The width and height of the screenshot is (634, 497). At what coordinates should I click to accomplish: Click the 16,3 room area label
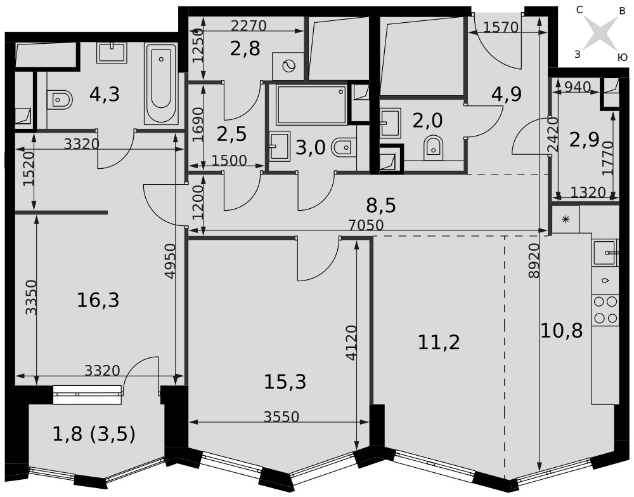point(98,300)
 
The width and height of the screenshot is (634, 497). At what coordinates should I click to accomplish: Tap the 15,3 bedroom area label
point(285,381)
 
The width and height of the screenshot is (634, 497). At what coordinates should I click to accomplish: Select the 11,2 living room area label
point(439,343)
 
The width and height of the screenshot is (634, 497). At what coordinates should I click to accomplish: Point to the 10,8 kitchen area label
point(562,331)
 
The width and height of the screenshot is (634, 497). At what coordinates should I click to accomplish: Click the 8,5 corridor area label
point(381,206)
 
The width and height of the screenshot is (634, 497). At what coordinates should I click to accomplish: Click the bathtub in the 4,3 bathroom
point(160,84)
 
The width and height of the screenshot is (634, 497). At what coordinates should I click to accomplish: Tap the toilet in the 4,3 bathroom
point(60,99)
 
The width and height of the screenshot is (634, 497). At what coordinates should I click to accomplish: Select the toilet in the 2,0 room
point(434,149)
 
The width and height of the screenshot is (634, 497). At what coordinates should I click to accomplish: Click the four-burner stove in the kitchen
point(605,309)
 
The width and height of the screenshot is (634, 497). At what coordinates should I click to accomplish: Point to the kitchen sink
point(605,253)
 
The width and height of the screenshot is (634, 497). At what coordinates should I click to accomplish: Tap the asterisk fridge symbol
point(566,220)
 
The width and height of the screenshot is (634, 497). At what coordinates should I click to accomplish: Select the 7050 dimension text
point(366,225)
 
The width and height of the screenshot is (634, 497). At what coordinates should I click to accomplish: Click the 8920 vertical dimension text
point(534,261)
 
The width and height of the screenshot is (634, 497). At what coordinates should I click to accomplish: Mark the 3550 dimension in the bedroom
point(281,416)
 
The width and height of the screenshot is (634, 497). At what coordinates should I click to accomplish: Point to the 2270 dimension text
point(249,26)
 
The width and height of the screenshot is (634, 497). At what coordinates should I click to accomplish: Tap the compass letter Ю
point(623,58)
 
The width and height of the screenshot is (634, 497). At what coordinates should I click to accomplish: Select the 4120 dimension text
point(352,342)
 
